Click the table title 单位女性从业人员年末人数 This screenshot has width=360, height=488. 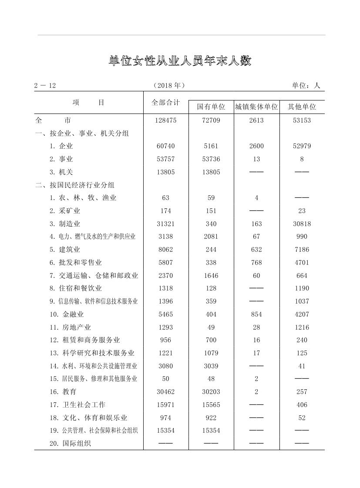pos(180,61)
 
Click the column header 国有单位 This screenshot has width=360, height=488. pos(211,107)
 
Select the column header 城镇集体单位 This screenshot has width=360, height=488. pos(256,107)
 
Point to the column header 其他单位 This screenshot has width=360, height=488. pos(302,107)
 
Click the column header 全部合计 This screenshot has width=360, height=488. pos(165,102)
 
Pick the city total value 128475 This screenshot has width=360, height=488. pos(165,120)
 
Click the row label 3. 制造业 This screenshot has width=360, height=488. pos(65,224)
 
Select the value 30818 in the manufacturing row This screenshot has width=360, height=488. pos(302,224)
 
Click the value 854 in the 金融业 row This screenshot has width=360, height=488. pos(256,314)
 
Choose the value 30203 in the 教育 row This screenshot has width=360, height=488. pos(211,392)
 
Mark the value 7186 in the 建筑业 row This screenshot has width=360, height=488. pos(302,250)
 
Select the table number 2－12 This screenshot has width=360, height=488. pos(45,86)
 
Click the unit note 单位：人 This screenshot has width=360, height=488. pos(306,86)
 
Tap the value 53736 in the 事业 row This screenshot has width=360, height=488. pos(211,159)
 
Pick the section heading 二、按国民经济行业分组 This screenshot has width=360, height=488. pos(75,185)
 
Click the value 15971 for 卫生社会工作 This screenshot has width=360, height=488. pos(165,404)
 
